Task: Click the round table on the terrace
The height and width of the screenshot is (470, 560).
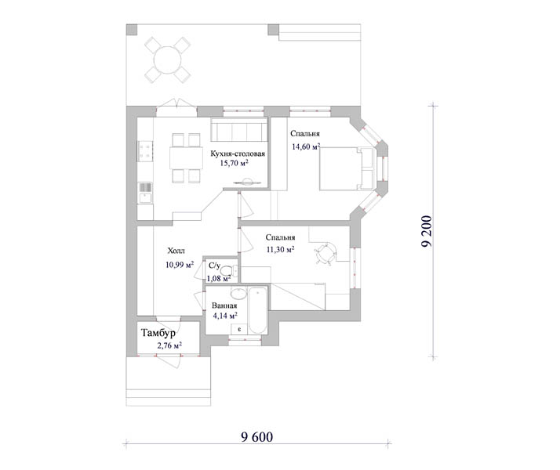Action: (167, 60)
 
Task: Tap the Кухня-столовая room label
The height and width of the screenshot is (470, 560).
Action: (238, 154)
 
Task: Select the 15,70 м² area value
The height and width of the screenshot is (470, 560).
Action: (234, 163)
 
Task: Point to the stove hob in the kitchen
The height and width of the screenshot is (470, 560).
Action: (145, 150)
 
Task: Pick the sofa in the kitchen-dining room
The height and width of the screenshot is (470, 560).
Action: (239, 130)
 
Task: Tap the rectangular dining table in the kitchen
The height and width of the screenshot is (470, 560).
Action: (186, 157)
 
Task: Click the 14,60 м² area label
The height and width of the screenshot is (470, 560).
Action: (306, 146)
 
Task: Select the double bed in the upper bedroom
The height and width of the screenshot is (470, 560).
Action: (347, 168)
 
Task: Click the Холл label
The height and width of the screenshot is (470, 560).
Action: (176, 251)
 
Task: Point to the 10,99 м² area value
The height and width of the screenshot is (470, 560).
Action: (180, 265)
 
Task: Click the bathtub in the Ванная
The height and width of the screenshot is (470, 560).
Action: (257, 310)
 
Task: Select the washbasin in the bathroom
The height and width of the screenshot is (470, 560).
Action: (238, 294)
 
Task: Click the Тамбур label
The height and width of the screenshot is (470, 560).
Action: (158, 333)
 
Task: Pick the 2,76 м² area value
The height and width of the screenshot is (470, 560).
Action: (169, 345)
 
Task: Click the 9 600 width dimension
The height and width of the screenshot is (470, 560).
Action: (256, 437)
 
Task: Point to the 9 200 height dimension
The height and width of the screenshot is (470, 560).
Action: (427, 231)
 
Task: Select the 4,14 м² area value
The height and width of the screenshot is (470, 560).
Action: (225, 316)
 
